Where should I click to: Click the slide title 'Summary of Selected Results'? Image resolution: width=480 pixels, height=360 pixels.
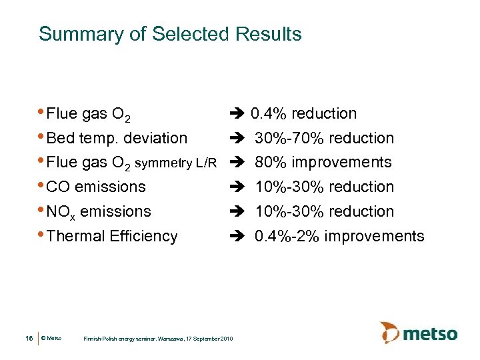tap(170, 34)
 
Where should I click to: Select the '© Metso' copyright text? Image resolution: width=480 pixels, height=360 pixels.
tap(51, 339)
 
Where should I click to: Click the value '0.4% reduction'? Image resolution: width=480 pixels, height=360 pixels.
tap(303, 114)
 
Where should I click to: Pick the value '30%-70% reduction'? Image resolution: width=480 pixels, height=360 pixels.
tap(325, 139)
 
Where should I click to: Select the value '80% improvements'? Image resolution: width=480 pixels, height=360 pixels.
tap(323, 163)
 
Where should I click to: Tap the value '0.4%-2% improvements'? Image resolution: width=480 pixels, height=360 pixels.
tap(339, 236)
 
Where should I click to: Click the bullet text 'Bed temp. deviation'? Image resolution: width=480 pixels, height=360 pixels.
tap(118, 139)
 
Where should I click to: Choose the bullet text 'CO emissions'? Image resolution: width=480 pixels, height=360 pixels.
tap(97, 187)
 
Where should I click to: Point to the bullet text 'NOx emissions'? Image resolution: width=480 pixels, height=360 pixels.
tap(100, 212)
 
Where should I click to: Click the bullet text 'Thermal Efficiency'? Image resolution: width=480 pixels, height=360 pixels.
tap(113, 236)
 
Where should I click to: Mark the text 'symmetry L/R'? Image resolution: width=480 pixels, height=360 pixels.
tap(177, 163)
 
